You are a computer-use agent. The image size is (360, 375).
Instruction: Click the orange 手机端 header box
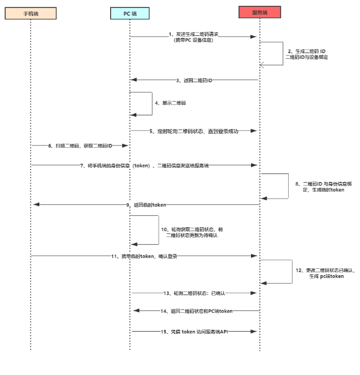click(31, 12)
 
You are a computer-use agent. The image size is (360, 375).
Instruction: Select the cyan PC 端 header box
click(130, 12)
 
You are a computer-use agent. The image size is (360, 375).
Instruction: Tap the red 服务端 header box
click(260, 12)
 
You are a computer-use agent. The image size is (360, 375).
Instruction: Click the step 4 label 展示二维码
click(158, 103)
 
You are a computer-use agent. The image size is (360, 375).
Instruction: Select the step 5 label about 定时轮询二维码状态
click(193, 131)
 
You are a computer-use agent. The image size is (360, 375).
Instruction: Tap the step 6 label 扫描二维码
click(80, 146)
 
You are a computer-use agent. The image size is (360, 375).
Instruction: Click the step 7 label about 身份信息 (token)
click(145, 165)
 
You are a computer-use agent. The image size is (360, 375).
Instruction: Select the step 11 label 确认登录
click(145, 256)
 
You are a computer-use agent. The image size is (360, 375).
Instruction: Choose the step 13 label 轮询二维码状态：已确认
click(194, 293)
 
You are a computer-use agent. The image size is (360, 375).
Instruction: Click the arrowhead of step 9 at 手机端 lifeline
click(34, 204)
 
